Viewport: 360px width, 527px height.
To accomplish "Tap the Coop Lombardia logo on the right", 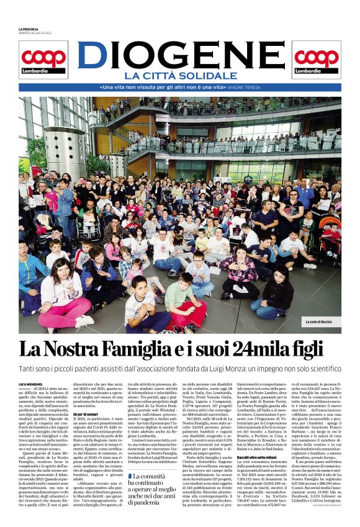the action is (x=317, y=60).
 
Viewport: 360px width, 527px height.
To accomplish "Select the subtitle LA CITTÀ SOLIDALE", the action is (x=180, y=76).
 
